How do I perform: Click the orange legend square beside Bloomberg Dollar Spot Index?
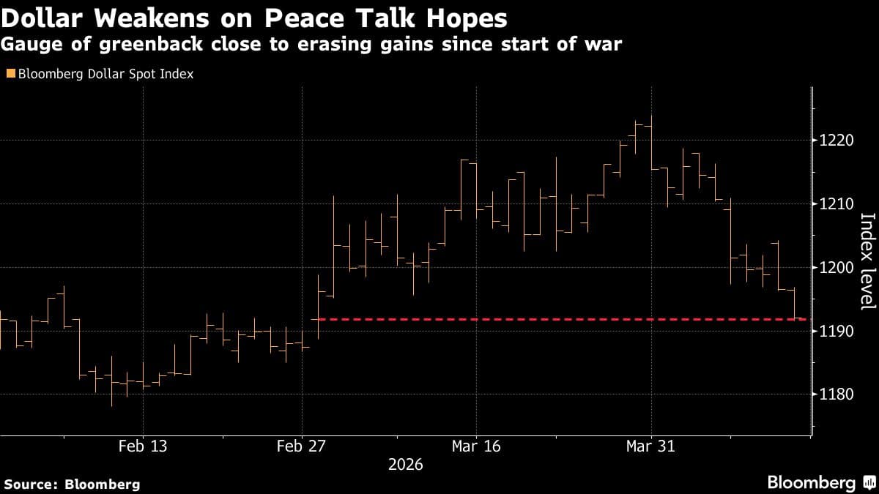coord(10,74)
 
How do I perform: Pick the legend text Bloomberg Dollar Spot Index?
coord(105,74)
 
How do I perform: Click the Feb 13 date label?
coord(143,446)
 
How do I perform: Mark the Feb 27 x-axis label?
coord(301,446)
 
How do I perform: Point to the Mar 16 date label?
coord(476,446)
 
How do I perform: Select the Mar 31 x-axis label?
coord(650,446)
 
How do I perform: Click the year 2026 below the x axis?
coord(404,465)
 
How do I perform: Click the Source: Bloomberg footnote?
coord(72,484)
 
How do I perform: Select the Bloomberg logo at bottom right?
coord(820,483)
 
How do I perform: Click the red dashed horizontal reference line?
coord(513,319)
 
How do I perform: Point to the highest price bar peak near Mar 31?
coord(651,116)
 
